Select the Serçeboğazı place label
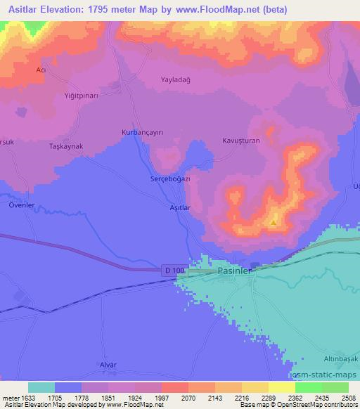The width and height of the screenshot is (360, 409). click(x=171, y=178)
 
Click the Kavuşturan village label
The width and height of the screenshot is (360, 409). click(x=241, y=140)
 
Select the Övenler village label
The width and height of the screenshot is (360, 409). click(x=22, y=205)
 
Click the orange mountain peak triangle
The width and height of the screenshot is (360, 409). click(x=273, y=223)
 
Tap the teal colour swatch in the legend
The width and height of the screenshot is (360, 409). click(x=41, y=387)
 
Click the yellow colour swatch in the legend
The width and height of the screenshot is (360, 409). click(x=282, y=387)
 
